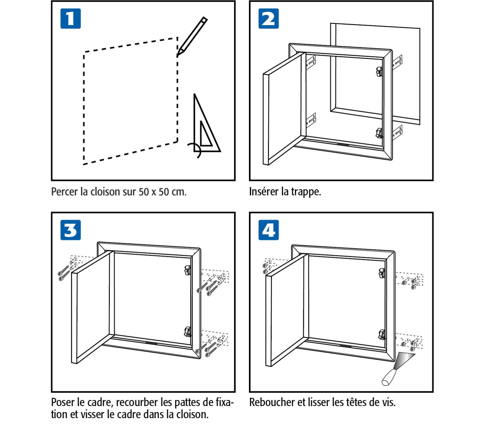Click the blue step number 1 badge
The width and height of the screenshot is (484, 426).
tap(70, 18)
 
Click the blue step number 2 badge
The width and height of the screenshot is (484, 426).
tap(268, 18)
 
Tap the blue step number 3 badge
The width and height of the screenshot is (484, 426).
tap(70, 230)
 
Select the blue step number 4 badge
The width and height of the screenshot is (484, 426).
tap(268, 230)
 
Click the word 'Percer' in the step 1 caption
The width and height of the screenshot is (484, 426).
tap(65, 192)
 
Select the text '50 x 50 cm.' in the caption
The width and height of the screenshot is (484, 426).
tap(162, 192)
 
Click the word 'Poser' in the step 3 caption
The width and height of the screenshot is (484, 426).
tap(62, 402)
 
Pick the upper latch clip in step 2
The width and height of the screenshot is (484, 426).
tap(379, 72)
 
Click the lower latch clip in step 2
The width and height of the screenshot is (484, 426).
tap(379, 133)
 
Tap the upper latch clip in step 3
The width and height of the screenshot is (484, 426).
tap(187, 270)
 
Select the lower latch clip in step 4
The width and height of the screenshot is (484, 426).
tap(382, 334)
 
